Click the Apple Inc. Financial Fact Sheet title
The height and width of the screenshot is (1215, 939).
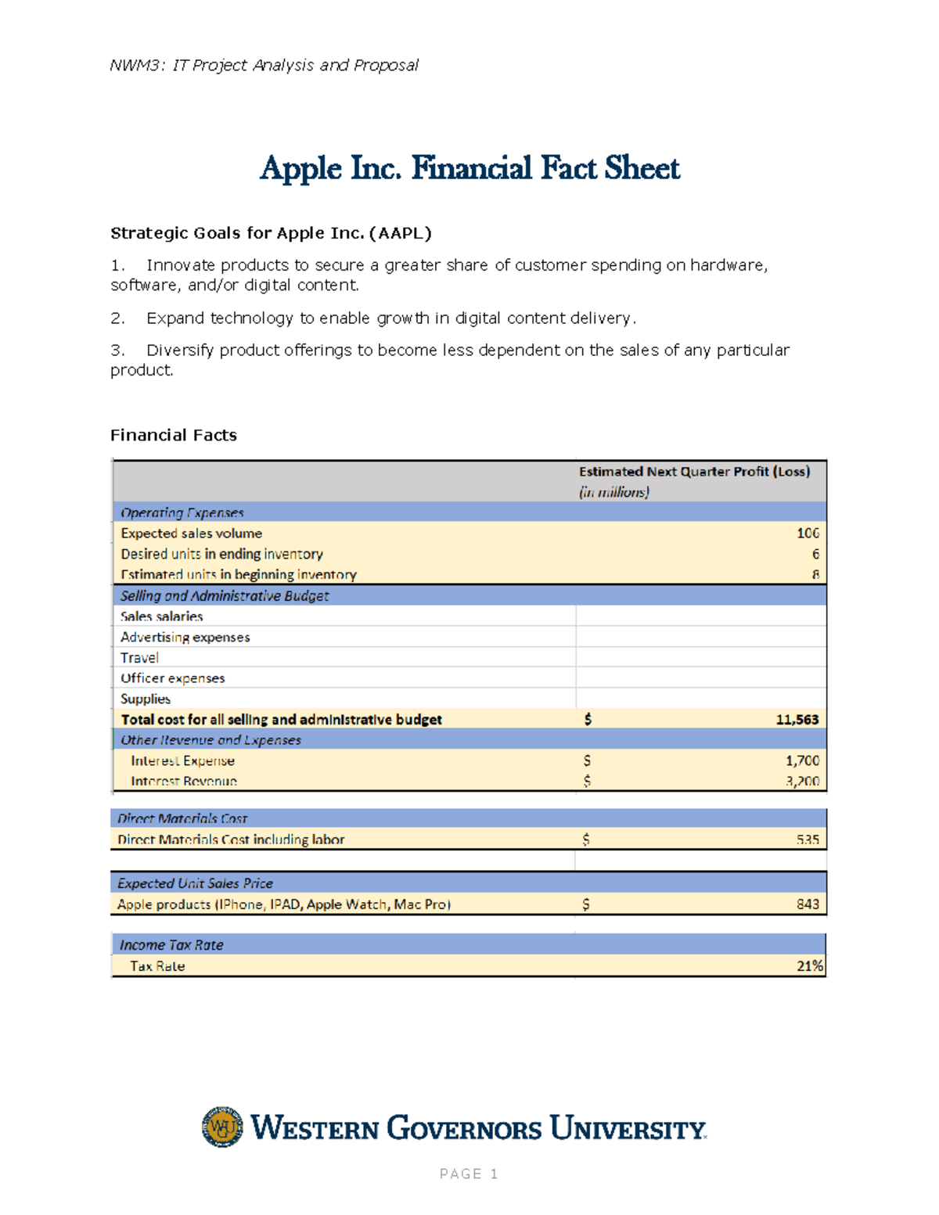[469, 168]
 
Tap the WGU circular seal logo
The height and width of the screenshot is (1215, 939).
[222, 1127]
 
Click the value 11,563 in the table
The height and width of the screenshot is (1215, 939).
[797, 720]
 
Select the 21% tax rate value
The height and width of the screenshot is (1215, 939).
[810, 966]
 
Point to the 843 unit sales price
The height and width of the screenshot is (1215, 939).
[808, 904]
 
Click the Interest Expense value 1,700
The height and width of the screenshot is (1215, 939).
[802, 760]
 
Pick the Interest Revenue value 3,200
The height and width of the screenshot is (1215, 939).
[802, 781]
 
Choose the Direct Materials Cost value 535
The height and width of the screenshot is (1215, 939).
[808, 839]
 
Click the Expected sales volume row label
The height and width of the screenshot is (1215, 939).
[192, 534]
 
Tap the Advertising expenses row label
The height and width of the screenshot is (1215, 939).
[185, 638]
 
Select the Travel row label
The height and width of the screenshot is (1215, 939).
[140, 658]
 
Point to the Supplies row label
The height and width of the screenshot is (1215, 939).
[146, 699]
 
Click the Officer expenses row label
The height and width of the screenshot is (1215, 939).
[173, 678]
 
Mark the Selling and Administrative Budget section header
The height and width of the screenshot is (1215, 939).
[225, 596]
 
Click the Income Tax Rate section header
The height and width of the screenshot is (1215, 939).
[171, 945]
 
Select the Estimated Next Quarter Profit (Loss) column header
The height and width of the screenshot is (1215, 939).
[694, 472]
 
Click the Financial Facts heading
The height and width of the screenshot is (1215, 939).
[174, 435]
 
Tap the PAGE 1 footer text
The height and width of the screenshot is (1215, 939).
[469, 1174]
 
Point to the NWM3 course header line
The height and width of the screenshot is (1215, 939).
[264, 65]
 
